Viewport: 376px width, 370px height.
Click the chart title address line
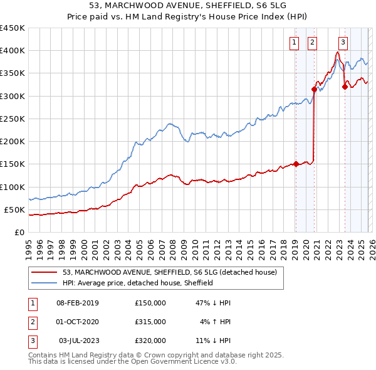(188, 6)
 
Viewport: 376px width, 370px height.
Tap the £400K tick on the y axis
(12, 51)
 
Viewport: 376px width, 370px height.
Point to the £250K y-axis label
(12, 119)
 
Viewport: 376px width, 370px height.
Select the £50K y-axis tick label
(14, 209)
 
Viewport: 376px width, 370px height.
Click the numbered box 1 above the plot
(294, 43)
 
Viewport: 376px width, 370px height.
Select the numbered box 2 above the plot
(312, 43)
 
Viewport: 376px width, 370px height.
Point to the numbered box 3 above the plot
(343, 43)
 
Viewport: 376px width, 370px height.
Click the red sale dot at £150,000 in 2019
(295, 164)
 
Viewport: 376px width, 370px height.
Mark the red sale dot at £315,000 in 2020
(314, 89)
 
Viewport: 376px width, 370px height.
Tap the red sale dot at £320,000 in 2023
(344, 87)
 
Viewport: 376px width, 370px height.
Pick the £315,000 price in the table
(150, 322)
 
